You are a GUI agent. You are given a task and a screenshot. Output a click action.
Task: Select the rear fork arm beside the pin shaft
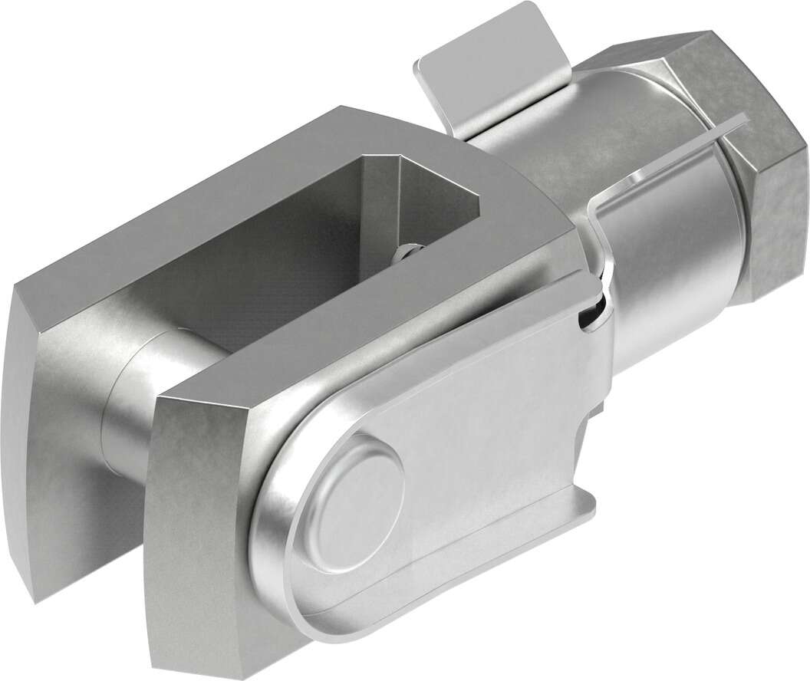tap(61, 437)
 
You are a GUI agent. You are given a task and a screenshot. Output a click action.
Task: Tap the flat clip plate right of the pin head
tap(491, 429)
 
